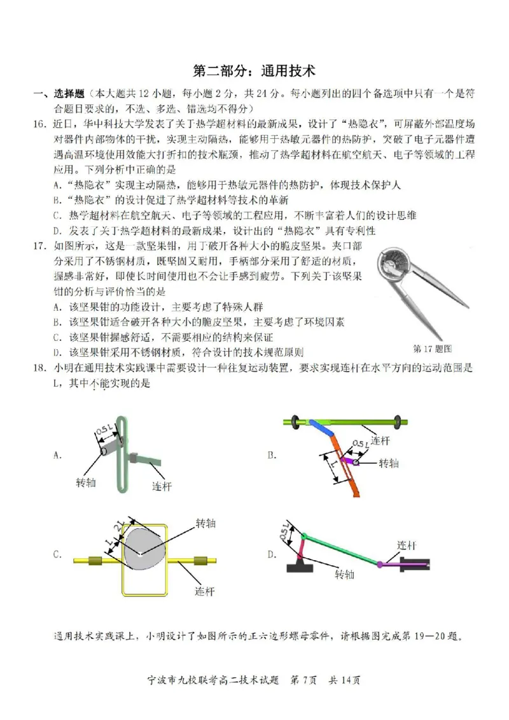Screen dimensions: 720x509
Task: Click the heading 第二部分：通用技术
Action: tap(254, 70)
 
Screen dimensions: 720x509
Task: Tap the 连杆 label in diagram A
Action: tap(162, 486)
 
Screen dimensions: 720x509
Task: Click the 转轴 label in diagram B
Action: tap(388, 463)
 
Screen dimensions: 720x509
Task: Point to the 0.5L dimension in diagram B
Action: tap(359, 444)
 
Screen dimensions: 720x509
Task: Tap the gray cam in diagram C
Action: tap(144, 549)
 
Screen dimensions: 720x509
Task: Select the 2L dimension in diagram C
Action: tap(119, 528)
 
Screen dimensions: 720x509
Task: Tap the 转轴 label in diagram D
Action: tap(344, 575)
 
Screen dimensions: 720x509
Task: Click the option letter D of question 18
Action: tap(272, 555)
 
